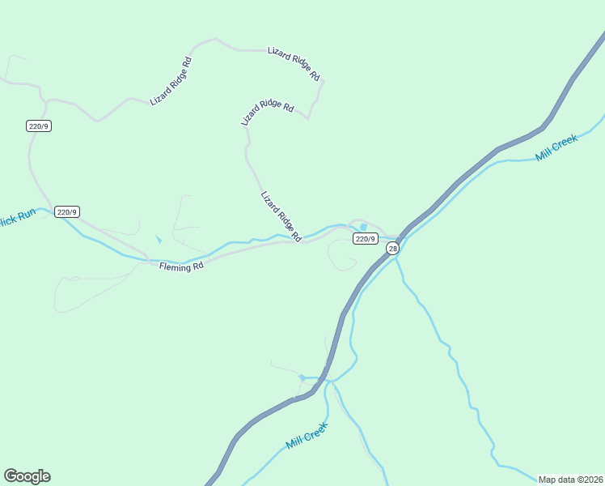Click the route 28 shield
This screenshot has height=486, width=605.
click(x=392, y=249)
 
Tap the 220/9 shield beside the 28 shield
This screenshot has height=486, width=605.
click(x=365, y=238)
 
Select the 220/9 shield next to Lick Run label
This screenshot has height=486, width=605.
click(x=66, y=212)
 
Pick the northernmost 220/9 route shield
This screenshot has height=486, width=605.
click(x=39, y=126)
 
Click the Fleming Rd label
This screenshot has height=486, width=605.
click(x=180, y=266)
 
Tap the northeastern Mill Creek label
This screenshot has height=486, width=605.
click(x=556, y=148)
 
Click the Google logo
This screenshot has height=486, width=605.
click(x=27, y=476)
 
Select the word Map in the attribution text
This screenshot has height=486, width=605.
click(x=548, y=480)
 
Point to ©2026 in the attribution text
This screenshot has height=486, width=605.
click(x=590, y=480)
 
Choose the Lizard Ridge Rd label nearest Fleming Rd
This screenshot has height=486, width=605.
click(x=281, y=216)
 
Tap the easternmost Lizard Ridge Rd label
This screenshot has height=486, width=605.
click(x=294, y=63)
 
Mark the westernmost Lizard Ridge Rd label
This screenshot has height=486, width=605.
click(x=171, y=81)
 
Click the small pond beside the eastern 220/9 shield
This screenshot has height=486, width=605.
click(x=363, y=227)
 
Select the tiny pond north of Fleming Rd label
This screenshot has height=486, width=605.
click(x=159, y=240)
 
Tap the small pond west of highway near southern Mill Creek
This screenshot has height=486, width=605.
click(x=302, y=377)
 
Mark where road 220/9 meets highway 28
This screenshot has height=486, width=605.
click(x=399, y=238)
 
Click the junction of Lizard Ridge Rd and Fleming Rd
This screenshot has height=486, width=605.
click(x=301, y=241)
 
